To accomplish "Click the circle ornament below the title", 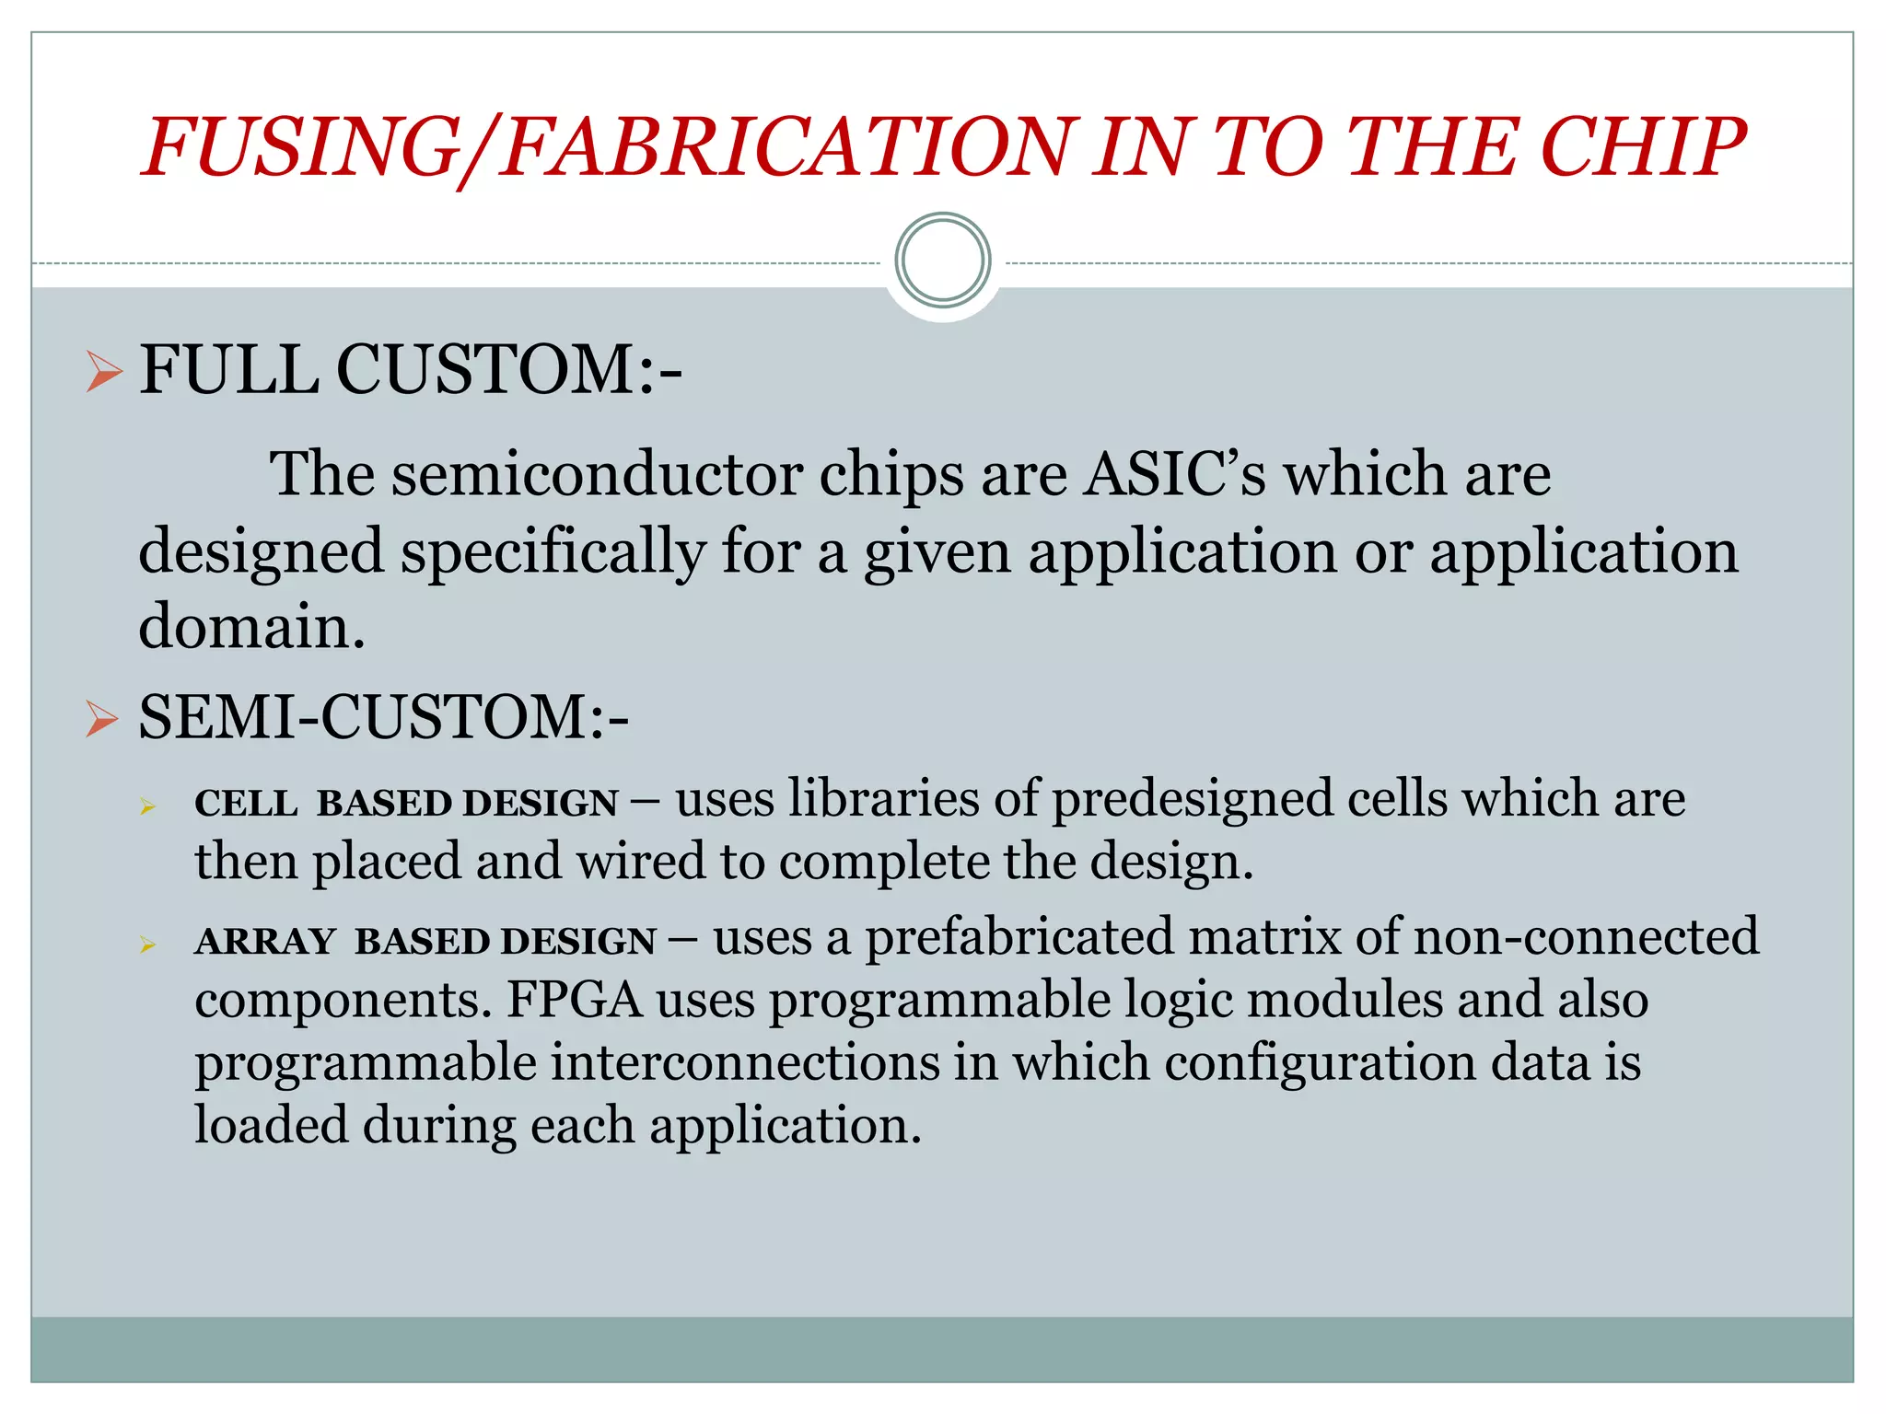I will pos(942,261).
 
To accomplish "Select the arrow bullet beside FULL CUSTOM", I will pos(104,372).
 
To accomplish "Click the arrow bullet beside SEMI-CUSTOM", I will pos(102,718).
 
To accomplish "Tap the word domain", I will pos(250,627).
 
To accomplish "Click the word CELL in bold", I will pos(245,803).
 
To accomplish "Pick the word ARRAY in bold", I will pos(264,941).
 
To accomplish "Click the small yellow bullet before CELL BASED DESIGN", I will pos(147,807).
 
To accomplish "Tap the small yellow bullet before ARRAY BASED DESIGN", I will pos(147,945).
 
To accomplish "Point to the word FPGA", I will pos(574,1000).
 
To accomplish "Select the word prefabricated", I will pos(1018,937).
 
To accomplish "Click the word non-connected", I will pos(1584,937).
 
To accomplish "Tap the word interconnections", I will pos(746,1062).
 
